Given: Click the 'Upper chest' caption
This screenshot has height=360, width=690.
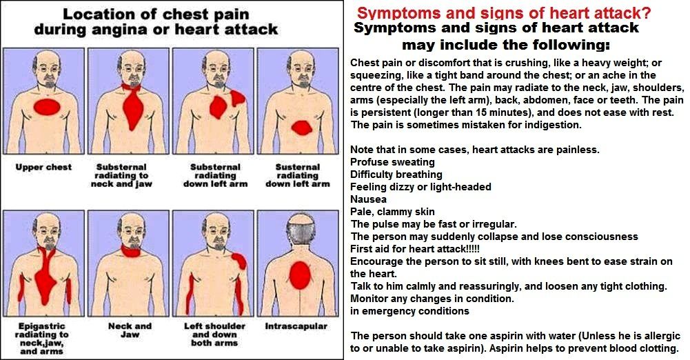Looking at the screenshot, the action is click(x=43, y=167).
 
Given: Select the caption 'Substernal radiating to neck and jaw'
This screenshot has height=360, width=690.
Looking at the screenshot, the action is click(x=121, y=176).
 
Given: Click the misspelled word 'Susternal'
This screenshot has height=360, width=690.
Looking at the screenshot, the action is click(x=298, y=167).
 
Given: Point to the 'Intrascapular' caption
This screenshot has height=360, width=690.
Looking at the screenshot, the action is click(x=296, y=327).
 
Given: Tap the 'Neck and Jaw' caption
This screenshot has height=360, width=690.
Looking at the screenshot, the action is click(x=130, y=330).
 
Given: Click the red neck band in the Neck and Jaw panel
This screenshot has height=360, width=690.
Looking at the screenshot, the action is click(x=131, y=251).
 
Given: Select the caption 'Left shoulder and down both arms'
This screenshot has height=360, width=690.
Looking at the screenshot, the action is click(x=214, y=334).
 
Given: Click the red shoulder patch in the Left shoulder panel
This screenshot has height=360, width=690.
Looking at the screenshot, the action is click(x=239, y=261).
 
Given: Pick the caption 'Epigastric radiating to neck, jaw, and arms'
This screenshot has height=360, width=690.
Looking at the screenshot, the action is click(x=41, y=339).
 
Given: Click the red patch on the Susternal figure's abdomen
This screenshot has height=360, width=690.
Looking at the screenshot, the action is click(x=302, y=128).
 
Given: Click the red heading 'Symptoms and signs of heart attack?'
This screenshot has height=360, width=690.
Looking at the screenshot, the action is click(x=503, y=13).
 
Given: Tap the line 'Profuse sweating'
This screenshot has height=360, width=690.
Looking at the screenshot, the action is click(x=392, y=162).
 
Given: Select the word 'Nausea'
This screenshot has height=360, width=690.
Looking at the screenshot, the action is click(x=368, y=199).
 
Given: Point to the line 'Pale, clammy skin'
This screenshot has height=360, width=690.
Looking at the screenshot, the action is click(x=392, y=212).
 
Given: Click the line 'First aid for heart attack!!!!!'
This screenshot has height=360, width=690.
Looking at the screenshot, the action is click(x=415, y=249).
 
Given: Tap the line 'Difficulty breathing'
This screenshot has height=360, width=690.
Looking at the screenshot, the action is click(x=396, y=174).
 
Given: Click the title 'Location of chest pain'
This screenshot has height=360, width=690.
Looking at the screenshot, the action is click(x=156, y=14).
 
